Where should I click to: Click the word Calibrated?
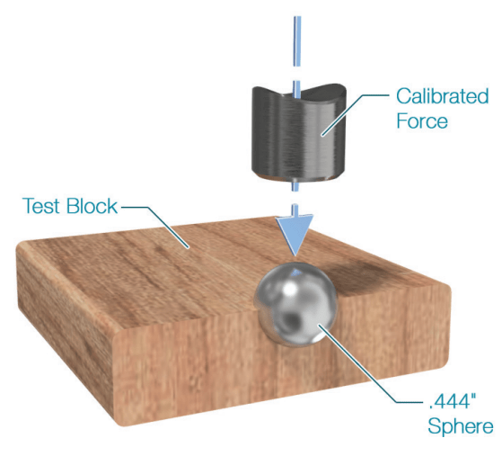coord(443,96)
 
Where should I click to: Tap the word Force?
coord(422,121)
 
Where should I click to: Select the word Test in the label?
coord(42,206)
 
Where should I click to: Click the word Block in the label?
coord(92,206)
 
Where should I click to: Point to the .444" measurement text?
coord(452,401)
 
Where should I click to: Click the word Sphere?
coord(461,426)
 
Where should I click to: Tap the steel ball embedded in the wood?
coord(295,304)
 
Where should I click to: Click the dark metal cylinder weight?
coord(298,132)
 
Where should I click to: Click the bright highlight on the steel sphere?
coord(290,289)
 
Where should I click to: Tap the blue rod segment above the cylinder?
coord(297,41)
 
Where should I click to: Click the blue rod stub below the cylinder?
coord(295,185)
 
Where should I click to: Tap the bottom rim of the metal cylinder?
coord(298,177)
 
